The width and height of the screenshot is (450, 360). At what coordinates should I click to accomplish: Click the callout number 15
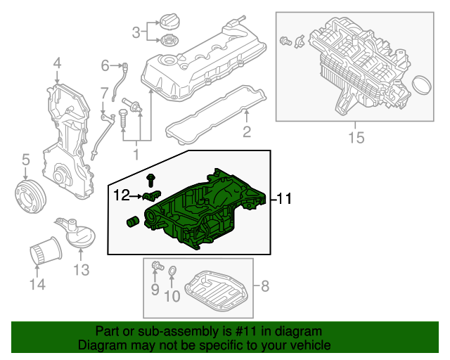[356, 137]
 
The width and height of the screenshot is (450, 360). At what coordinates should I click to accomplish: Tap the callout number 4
[57, 63]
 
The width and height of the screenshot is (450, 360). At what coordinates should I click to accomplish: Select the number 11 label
[284, 198]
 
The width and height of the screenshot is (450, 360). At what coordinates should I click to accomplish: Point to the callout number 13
[82, 270]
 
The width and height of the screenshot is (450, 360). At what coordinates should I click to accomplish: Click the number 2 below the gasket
[247, 131]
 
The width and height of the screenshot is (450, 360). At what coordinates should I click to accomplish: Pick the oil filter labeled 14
[46, 252]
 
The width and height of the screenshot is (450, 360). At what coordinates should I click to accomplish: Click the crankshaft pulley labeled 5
[30, 196]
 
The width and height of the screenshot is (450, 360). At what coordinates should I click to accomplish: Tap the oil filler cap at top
[169, 20]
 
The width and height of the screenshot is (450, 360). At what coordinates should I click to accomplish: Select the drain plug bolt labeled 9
[157, 265]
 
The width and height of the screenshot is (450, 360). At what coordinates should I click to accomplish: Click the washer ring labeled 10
[172, 271]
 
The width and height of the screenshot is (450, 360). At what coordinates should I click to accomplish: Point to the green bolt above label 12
[150, 180]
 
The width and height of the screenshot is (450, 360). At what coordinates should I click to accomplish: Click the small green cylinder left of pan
[133, 222]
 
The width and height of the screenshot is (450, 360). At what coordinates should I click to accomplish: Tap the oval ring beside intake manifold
[422, 84]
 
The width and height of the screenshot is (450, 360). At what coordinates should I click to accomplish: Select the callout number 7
[104, 94]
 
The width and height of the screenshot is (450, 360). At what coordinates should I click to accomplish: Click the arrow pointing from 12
[136, 196]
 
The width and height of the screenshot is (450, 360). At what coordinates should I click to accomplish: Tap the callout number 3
[136, 32]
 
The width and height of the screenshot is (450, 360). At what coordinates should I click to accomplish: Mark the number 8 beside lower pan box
[265, 286]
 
